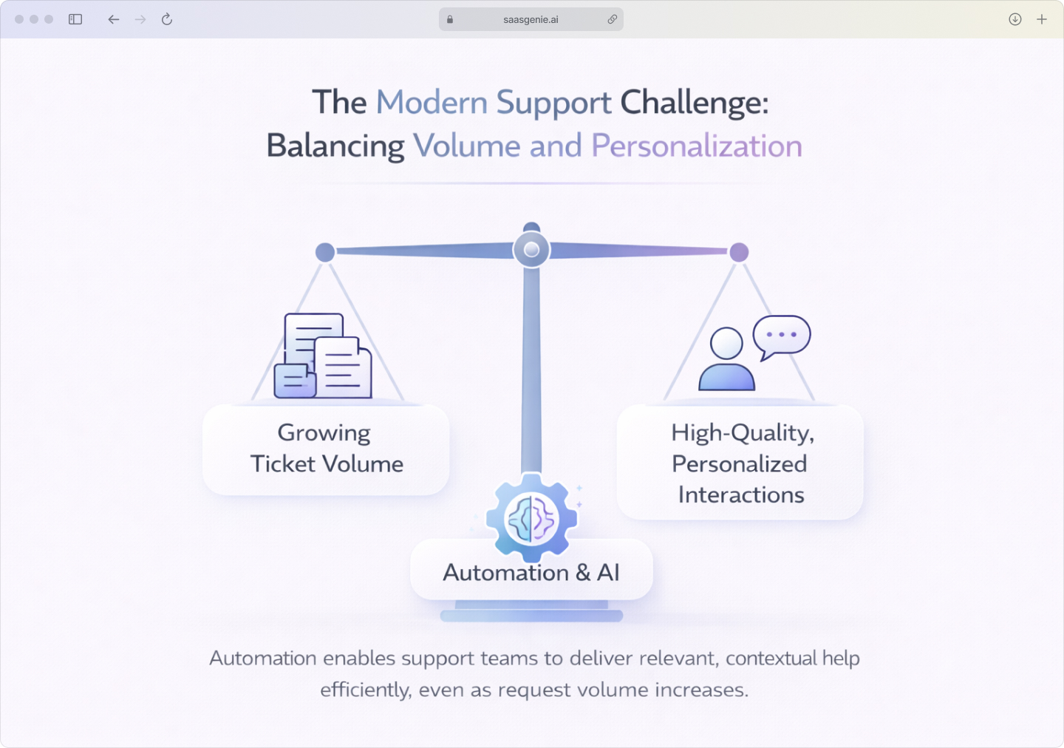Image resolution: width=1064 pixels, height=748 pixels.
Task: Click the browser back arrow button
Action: [x=113, y=19]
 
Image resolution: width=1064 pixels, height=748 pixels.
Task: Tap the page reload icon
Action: [x=167, y=19]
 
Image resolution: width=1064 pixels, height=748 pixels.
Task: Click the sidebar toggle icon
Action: [x=75, y=19]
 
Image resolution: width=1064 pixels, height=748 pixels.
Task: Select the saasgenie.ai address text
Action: [x=531, y=20]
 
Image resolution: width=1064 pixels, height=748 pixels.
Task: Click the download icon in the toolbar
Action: [x=1015, y=19]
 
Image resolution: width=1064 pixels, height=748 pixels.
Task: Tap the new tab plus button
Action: [x=1042, y=19]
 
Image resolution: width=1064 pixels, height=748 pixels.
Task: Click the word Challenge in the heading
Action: [x=693, y=103]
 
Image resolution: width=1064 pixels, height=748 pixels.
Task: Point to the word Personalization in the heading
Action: [x=696, y=146]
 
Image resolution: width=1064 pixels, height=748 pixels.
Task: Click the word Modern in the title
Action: [x=432, y=103]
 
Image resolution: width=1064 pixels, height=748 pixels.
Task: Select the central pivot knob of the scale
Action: [x=531, y=250]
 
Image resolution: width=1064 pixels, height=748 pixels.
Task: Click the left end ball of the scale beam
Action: [x=325, y=252]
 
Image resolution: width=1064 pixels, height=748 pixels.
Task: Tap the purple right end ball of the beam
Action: [x=739, y=252]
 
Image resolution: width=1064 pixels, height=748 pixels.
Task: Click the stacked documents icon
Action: [x=323, y=357]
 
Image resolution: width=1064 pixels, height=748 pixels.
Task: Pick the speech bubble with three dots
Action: [x=782, y=336]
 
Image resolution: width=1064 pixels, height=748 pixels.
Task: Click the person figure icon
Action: [x=726, y=360]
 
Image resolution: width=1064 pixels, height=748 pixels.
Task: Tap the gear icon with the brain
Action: [x=531, y=518]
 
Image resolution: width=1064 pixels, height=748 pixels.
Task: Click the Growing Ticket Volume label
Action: [x=326, y=449]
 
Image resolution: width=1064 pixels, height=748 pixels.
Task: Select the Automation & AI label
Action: [x=531, y=573]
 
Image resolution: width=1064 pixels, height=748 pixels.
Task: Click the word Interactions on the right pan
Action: [x=741, y=494]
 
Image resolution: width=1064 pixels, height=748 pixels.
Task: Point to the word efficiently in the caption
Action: [x=365, y=690]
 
